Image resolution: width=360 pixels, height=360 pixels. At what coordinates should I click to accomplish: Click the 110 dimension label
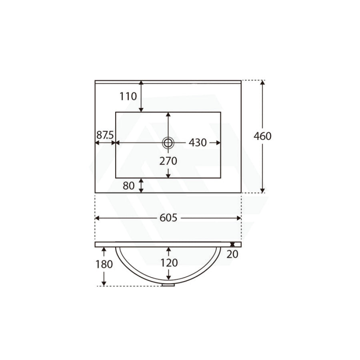click(x=128, y=96)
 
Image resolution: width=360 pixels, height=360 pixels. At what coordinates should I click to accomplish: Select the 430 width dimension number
click(x=198, y=143)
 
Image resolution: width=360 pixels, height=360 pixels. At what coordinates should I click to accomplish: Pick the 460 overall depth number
click(x=262, y=136)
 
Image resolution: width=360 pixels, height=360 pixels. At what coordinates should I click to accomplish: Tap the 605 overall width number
click(x=168, y=218)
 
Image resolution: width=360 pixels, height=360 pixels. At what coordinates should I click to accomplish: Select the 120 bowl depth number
click(x=168, y=263)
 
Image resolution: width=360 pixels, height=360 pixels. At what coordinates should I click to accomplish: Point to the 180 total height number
click(x=104, y=264)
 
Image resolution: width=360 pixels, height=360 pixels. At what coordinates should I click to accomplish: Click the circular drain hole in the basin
click(x=168, y=142)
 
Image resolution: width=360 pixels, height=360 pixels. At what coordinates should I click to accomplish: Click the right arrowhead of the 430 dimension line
click(x=218, y=143)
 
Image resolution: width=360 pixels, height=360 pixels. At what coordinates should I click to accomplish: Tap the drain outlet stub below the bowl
click(x=169, y=285)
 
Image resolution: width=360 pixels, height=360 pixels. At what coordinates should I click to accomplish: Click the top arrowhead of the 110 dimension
click(x=141, y=83)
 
